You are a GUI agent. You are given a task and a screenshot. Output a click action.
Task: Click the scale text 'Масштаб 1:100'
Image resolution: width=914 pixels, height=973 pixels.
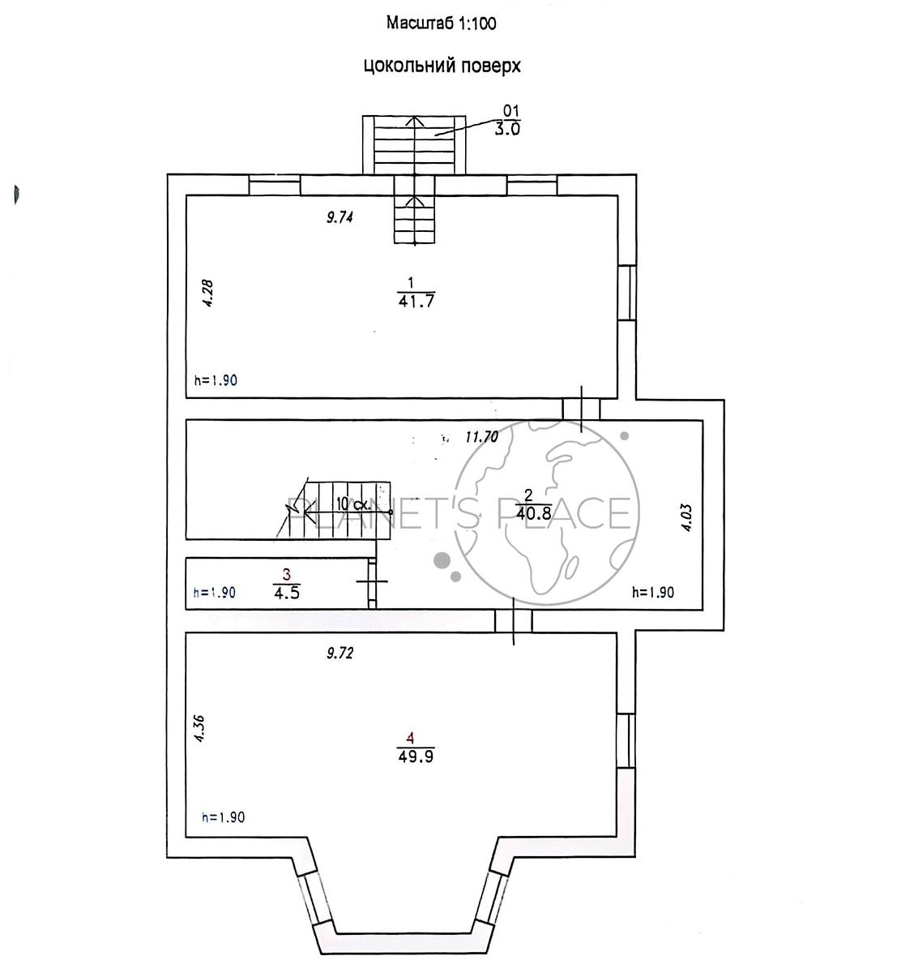coord(441,23)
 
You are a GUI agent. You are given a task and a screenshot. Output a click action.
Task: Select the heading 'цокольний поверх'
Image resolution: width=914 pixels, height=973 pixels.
coord(442,65)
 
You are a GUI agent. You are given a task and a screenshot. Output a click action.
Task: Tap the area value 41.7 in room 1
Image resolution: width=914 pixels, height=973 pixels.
coord(416,300)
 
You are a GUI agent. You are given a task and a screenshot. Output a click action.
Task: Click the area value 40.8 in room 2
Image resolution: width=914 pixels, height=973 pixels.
coord(533,513)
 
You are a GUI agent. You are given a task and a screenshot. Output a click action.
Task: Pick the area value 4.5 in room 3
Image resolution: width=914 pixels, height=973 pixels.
coord(287,593)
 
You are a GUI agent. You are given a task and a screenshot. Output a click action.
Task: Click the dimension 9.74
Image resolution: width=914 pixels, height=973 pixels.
coord(340,217)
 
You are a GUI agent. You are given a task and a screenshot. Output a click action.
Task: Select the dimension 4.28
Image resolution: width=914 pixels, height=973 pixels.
coord(207,293)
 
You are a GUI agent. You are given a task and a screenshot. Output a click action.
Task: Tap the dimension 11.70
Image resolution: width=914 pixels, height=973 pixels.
coord(481,436)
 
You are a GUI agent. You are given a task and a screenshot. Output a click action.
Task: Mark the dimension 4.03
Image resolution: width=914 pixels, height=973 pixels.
coord(687,518)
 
